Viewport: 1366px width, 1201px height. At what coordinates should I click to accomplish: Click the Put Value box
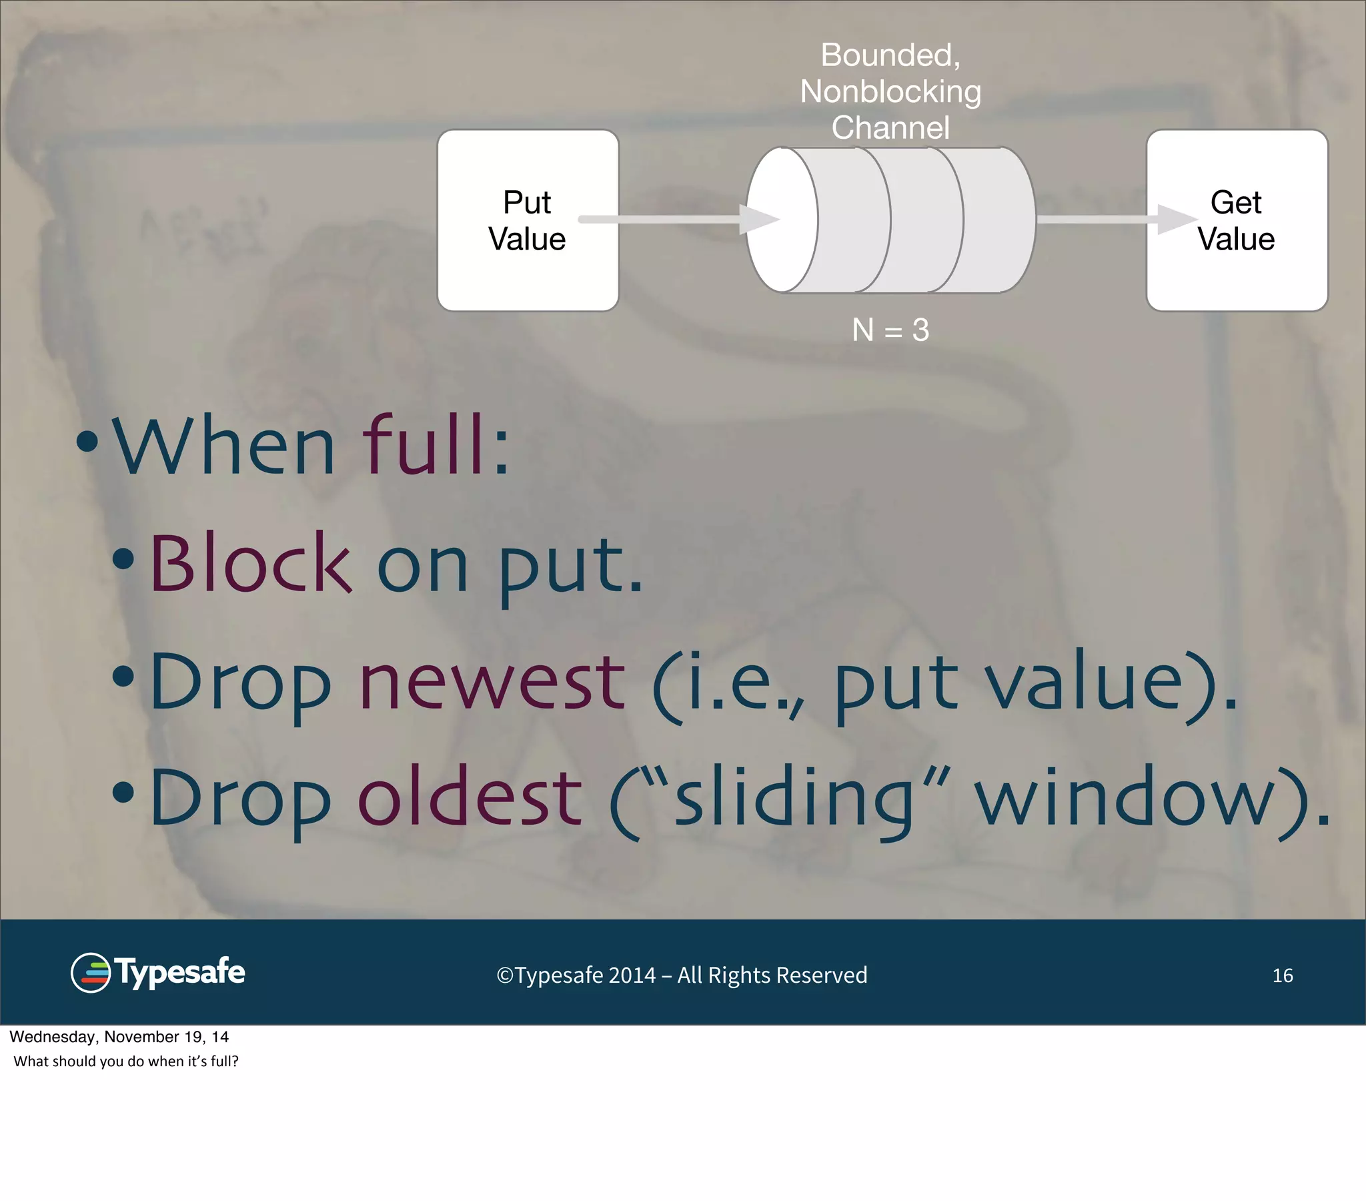(x=528, y=221)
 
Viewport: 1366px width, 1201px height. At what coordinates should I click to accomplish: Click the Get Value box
(x=1237, y=221)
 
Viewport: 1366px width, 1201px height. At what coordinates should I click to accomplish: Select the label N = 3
(x=890, y=330)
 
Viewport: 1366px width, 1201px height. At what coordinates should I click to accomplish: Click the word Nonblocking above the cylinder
(x=890, y=91)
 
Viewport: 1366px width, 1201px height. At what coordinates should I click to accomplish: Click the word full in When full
(x=428, y=444)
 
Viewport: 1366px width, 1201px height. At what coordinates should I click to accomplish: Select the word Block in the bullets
(x=251, y=563)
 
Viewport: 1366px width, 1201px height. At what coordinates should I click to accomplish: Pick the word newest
(x=492, y=681)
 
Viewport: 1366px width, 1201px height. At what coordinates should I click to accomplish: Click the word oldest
(x=470, y=797)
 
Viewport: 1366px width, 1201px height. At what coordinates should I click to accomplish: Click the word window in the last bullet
(x=1129, y=797)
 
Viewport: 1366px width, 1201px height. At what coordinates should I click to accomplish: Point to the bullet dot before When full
(x=87, y=441)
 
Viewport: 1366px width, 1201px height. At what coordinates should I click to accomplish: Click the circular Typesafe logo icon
(x=90, y=972)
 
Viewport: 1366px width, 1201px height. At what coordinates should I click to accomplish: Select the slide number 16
(x=1282, y=975)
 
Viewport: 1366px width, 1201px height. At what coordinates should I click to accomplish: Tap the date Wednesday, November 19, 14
(x=119, y=1036)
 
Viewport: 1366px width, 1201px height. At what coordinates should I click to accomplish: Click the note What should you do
(x=125, y=1062)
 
